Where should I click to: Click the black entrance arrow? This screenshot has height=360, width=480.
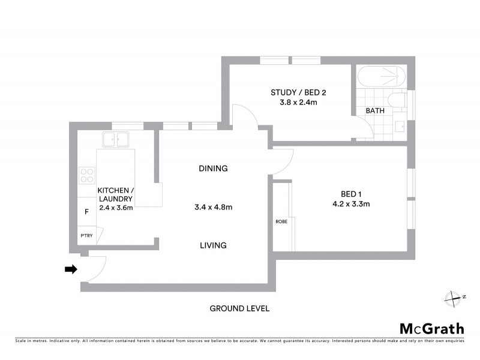click(x=71, y=269)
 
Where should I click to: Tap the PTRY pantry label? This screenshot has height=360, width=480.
click(x=86, y=236)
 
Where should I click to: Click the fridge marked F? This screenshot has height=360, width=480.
click(x=86, y=212)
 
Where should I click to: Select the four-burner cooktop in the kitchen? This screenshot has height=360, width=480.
click(x=88, y=174)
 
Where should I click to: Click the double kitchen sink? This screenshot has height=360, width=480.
click(x=116, y=140)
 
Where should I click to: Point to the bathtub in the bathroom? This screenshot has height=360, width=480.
click(x=382, y=77)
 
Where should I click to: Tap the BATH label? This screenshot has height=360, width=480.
click(x=375, y=111)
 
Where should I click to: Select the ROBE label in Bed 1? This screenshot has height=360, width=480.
click(x=281, y=221)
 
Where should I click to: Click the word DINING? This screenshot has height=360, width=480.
click(x=213, y=169)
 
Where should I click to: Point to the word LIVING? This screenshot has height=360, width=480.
click(x=213, y=245)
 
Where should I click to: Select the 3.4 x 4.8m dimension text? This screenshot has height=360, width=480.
click(x=213, y=207)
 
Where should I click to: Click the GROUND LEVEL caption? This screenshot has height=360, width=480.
click(x=239, y=308)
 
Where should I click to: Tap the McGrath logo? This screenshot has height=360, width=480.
click(x=432, y=328)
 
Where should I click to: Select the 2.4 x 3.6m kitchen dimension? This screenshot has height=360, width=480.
click(x=115, y=208)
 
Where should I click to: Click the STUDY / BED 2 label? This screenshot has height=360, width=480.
click(x=298, y=92)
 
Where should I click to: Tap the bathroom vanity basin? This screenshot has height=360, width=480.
click(x=400, y=126)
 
